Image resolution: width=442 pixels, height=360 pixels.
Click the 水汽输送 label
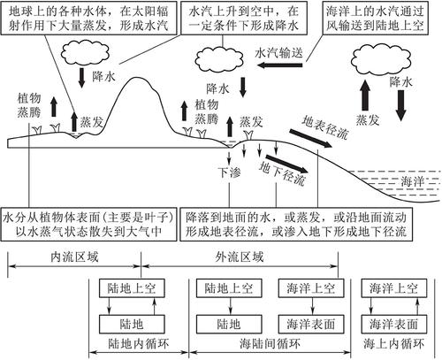278,53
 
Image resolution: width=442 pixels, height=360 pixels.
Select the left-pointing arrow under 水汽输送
280,65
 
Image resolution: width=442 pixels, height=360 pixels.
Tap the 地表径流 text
325,127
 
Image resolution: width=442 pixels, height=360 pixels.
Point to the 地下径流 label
282,173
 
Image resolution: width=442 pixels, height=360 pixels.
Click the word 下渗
229,172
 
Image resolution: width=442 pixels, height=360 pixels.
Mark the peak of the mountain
136,78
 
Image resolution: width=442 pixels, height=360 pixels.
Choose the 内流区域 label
74,257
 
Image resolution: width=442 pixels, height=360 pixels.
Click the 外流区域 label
239,257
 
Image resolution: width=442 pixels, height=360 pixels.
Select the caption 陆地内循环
138,343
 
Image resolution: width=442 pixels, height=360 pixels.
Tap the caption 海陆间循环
270,343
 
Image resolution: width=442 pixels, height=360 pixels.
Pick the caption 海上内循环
393,343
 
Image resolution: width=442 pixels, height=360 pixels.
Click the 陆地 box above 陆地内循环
132,324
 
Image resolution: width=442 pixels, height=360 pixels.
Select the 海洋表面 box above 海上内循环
394,324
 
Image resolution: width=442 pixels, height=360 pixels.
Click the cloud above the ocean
381,61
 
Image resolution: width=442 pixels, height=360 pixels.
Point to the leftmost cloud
85,53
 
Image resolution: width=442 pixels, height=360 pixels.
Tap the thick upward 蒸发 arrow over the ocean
365,96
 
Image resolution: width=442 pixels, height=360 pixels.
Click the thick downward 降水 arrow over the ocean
401,105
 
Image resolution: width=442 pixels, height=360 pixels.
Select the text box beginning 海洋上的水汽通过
375,18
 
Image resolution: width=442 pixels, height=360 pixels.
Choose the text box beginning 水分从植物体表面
89,224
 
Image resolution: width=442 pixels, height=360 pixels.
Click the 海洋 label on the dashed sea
412,181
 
